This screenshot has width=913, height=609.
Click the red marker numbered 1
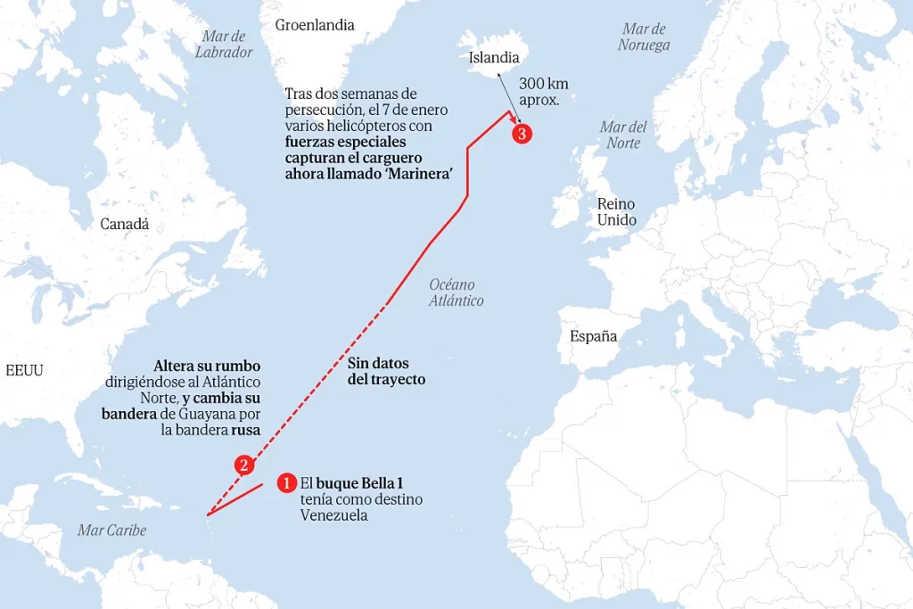click(x=286, y=482)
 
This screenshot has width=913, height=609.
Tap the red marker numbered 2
click(x=243, y=465)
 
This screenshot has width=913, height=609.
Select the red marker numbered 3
click(x=522, y=134)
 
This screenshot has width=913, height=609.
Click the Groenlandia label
click(x=315, y=25)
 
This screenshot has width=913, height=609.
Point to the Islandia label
click(x=494, y=58)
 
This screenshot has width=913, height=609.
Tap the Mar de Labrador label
click(x=224, y=44)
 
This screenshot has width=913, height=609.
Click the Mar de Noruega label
click(x=644, y=37)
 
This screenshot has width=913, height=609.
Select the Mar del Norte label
click(x=623, y=135)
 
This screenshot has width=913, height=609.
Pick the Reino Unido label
click(x=617, y=211)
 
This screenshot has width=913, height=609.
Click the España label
click(x=594, y=336)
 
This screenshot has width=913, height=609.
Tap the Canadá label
click(x=125, y=224)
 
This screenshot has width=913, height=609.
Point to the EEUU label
click(x=24, y=370)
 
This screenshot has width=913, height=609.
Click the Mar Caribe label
click(x=111, y=531)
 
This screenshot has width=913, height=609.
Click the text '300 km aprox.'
click(x=543, y=92)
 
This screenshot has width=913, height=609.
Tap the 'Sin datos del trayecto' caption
click(x=386, y=372)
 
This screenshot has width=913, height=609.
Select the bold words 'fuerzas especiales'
click(x=345, y=142)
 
